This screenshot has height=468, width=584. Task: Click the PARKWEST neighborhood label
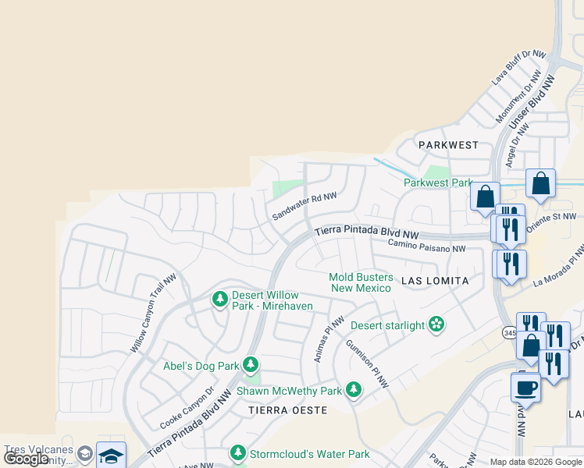[447, 145]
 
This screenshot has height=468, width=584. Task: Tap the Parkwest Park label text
[439, 183]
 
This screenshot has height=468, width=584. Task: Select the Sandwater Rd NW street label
[304, 207]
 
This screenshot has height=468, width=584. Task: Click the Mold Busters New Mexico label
[361, 282]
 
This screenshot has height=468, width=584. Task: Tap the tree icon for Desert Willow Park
[220, 299]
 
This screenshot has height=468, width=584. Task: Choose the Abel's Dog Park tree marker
[251, 364]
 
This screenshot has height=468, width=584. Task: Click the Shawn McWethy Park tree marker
[354, 389]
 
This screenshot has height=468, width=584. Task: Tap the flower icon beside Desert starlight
[436, 324]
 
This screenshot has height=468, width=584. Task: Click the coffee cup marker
[525, 387]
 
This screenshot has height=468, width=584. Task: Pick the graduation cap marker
[111, 456]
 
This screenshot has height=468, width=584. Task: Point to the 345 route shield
[509, 333]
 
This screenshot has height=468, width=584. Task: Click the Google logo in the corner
[27, 459]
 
